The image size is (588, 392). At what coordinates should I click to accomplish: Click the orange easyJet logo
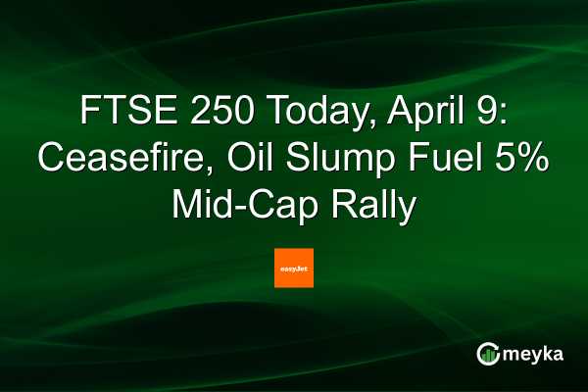pyautogui.click(x=294, y=268)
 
